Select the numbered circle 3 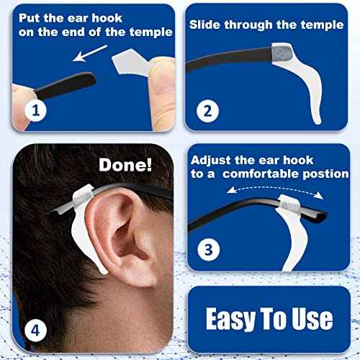[208, 250]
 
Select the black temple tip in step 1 [54, 84]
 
